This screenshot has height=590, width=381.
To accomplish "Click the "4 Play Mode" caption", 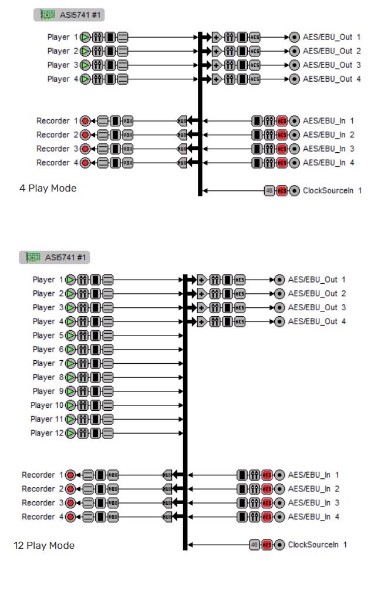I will click(48, 189).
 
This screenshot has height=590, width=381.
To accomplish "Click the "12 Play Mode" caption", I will click(44, 546).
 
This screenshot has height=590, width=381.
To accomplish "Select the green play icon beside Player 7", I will click(71, 363).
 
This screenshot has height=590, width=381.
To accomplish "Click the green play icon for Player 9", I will click(71, 391).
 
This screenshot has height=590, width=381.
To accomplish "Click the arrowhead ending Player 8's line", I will click(181, 377).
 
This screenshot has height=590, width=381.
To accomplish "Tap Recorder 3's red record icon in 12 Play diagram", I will click(71, 503).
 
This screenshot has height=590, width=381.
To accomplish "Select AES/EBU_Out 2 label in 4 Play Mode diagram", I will click(332, 51).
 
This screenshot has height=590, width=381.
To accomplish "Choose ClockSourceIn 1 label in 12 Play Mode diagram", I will click(317, 545).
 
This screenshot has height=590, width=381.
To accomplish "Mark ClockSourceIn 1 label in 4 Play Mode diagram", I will click(332, 190).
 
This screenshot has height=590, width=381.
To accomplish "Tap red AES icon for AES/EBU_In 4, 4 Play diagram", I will click(282, 163).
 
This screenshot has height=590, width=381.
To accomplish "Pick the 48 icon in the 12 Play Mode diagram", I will click(254, 545).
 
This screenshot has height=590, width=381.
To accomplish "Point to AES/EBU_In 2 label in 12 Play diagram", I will click(313, 489).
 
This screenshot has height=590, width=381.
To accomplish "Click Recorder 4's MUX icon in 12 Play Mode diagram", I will click(167, 517).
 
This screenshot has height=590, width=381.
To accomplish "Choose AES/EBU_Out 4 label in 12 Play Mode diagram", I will click(317, 321).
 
